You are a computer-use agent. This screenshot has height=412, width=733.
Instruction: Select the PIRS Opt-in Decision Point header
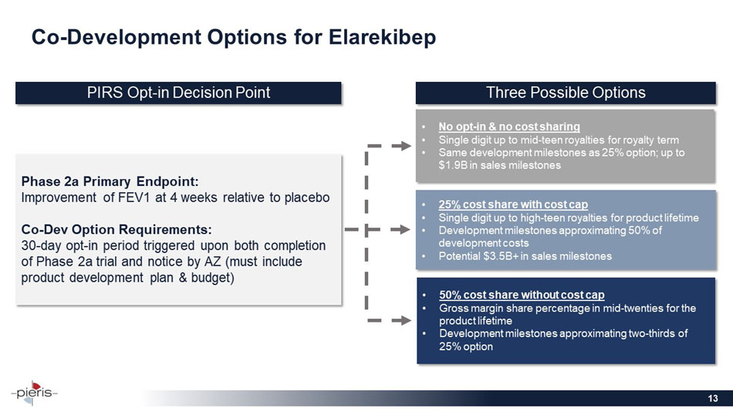point(178,93)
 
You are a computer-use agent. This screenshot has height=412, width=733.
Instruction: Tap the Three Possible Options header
point(566,93)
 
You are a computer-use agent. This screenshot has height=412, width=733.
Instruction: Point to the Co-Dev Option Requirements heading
point(116,229)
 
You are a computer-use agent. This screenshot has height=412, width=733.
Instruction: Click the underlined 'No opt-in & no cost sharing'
point(508,126)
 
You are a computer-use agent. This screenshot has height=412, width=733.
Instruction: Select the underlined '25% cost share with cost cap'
point(513,204)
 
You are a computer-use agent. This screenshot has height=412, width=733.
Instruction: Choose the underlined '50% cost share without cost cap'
point(521,295)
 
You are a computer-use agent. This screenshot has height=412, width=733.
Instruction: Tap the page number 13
point(713,397)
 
